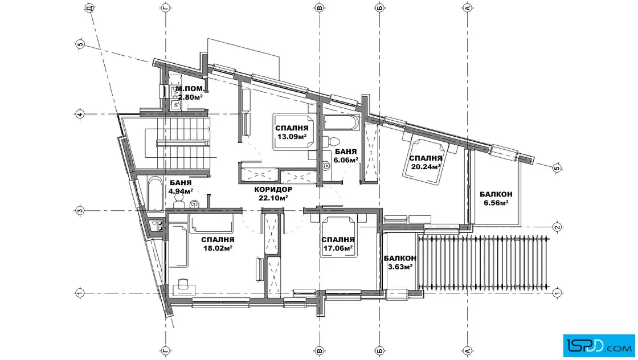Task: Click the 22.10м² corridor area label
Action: click(273, 194)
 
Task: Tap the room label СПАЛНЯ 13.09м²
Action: click(292, 133)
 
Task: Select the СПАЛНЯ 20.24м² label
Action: click(426, 162)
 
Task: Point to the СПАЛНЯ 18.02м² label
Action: click(218, 244)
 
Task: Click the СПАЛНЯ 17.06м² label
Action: click(338, 244)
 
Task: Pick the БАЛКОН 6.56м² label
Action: click(496, 198)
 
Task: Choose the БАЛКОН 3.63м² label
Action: click(400, 263)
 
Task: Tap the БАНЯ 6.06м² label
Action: click(345, 156)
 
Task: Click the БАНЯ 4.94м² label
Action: click(181, 187)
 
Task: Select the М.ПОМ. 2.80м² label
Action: click(190, 93)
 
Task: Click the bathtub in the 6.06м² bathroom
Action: click(341, 123)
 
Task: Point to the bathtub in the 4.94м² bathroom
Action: click(155, 194)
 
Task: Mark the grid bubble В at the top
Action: click(320, 8)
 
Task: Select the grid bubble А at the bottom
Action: click(468, 350)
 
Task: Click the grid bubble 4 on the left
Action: click(80, 114)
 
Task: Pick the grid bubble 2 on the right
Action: click(558, 227)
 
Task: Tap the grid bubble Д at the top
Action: click(91, 8)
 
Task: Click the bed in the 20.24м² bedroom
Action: click(425, 160)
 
